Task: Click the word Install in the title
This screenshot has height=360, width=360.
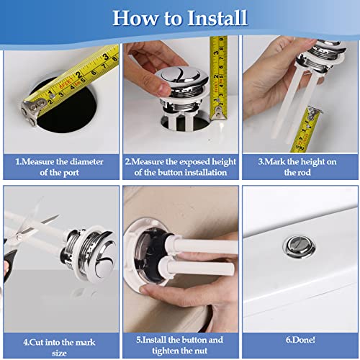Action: pos(217,18)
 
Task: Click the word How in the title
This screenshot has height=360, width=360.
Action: pos(135,18)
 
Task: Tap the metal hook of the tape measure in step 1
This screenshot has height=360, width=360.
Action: pos(32,110)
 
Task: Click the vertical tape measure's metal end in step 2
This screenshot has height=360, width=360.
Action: pos(218,112)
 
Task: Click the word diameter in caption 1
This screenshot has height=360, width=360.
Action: pos(86,161)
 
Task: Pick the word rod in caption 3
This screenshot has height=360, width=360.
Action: pos(305,172)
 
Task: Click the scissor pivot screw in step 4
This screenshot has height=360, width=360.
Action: pos(20,238)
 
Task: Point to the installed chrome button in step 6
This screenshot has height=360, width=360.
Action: pos(299,247)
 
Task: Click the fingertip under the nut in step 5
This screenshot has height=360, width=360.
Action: pos(147,290)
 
